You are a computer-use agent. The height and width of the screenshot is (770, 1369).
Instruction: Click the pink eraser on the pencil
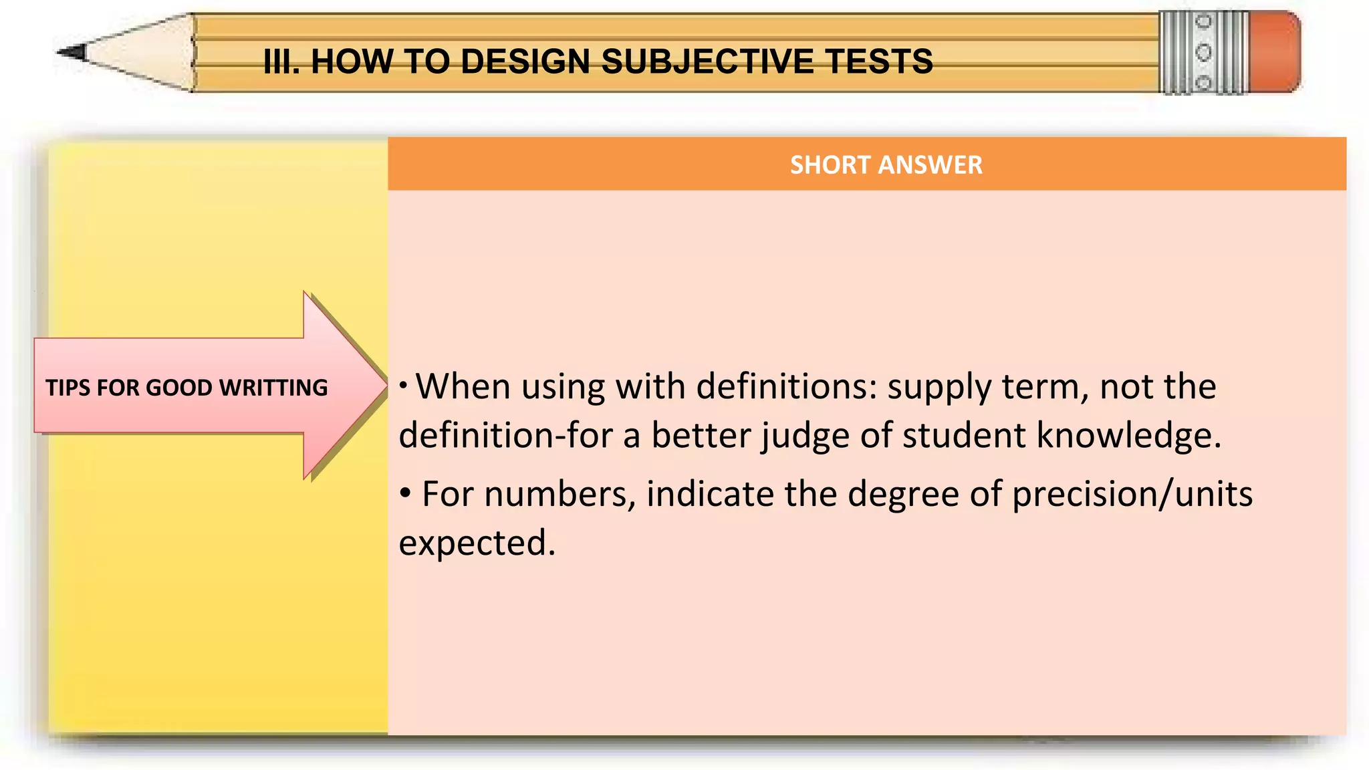[x=1275, y=51]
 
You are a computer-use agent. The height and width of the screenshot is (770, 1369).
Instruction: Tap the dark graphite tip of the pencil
[x=72, y=52]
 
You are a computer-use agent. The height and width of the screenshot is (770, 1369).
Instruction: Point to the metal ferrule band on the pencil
[x=1203, y=52]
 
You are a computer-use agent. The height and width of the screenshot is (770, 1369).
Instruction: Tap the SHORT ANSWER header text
[x=886, y=165]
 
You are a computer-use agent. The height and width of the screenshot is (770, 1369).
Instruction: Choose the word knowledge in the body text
[x=1128, y=435]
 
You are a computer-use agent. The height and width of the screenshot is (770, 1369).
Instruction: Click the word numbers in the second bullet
[x=559, y=494]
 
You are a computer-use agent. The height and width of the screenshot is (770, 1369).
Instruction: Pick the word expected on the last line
[x=477, y=542]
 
